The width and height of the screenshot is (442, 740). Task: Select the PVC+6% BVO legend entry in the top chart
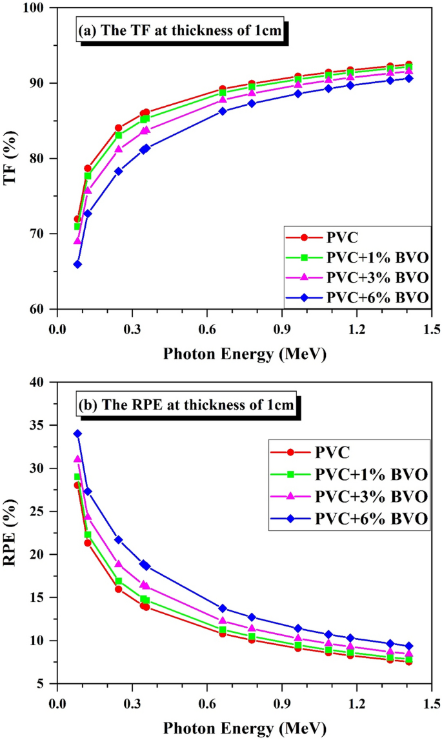356,297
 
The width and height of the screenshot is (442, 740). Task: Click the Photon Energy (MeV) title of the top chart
245,354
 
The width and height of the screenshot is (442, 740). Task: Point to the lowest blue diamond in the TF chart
77,264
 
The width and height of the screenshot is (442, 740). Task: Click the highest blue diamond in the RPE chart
77,434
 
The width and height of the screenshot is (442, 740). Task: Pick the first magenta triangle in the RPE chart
77,459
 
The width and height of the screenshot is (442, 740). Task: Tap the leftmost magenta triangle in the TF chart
77,241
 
